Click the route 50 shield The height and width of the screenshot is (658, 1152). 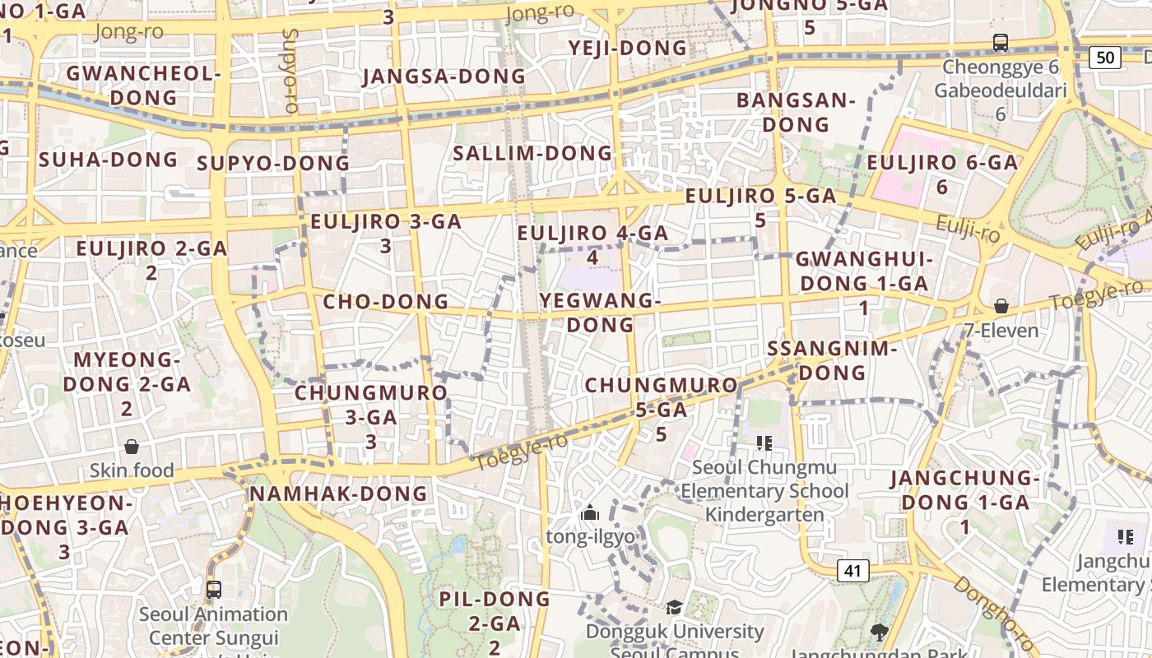pos(1105,57)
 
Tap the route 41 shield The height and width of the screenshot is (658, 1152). pos(852,570)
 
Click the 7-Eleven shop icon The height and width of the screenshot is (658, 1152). pos(1001,306)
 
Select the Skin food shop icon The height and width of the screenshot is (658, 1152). pos(132,447)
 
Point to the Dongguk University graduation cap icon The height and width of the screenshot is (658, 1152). pos(674,607)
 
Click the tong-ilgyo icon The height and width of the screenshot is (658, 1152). pos(589,513)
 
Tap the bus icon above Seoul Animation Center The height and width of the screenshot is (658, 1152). pos(214,589)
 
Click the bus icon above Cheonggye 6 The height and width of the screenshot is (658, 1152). pos(1001,42)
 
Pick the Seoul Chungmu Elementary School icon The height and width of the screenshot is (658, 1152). pos(764,443)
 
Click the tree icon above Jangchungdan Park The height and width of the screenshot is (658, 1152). pos(879,632)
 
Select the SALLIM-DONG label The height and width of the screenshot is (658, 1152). pos(532,153)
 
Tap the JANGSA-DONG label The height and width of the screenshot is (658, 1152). pos(444,76)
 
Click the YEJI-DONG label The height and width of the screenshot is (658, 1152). pos(627,48)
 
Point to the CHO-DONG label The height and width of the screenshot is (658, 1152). pos(385,301)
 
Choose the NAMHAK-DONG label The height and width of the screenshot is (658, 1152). pos(338,493)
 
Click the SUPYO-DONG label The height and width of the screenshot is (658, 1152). pos(273,163)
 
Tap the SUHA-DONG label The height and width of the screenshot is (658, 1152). pos(108,159)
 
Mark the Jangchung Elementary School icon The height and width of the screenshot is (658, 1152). pos(1126,538)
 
